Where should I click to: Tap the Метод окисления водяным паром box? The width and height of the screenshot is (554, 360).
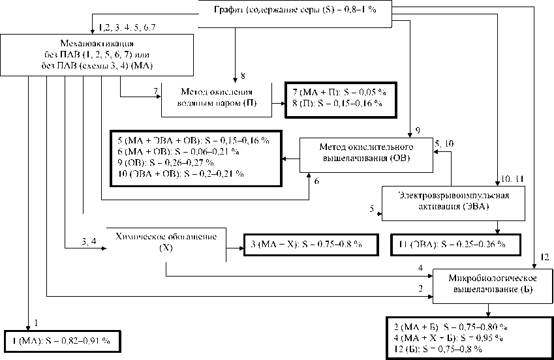[216, 98]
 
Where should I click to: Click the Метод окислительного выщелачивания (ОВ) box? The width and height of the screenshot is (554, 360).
[366, 155]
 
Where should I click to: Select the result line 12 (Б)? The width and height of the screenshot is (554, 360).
[439, 349]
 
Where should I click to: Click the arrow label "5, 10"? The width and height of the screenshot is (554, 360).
[444, 142]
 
